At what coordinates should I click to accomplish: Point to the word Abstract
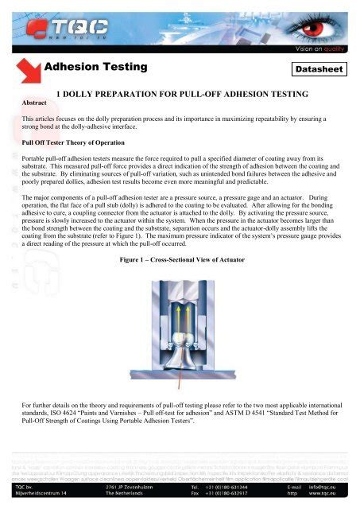(36, 103)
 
